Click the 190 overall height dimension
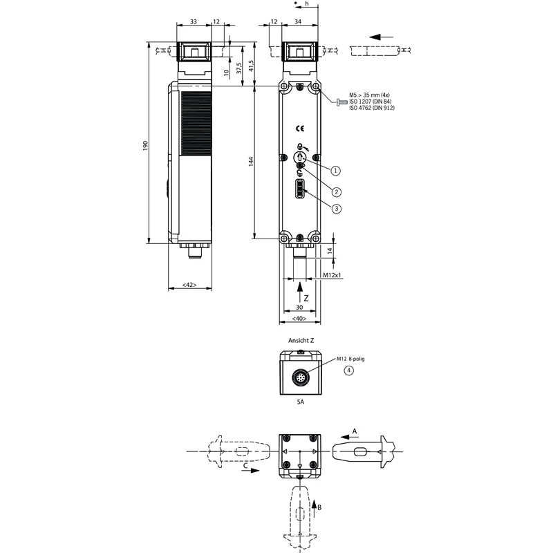[x=145, y=146]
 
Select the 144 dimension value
[x=251, y=162]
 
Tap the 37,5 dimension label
[x=239, y=68]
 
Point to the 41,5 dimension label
[x=251, y=66]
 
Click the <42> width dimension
[x=189, y=285]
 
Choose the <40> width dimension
[x=299, y=319]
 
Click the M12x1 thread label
[x=332, y=274]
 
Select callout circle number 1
[x=335, y=171]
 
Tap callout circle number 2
[x=337, y=192]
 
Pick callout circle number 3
[x=337, y=209]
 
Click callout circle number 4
[x=349, y=371]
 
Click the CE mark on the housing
[x=300, y=129]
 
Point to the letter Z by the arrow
[x=306, y=299]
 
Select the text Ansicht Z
[x=301, y=340]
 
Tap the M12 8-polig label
[x=350, y=359]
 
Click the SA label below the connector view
[x=301, y=402]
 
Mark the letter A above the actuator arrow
[x=355, y=431]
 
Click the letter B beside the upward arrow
[x=319, y=507]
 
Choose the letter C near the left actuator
[x=245, y=465]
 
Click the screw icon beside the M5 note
[x=341, y=102]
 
